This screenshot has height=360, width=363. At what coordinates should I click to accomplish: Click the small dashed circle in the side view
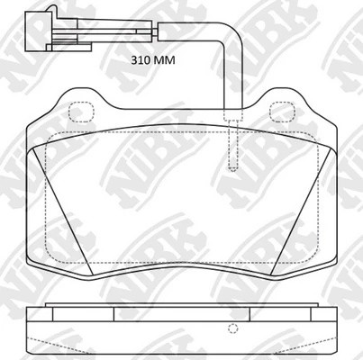click(x=232, y=326)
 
